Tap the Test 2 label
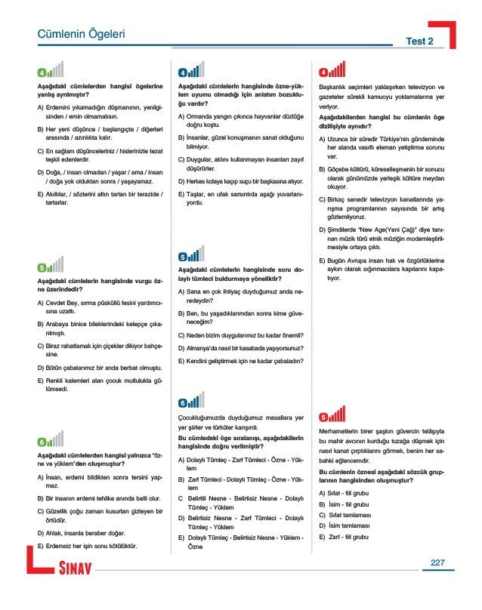[x=419, y=41]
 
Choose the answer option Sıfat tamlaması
[x=349, y=515]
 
